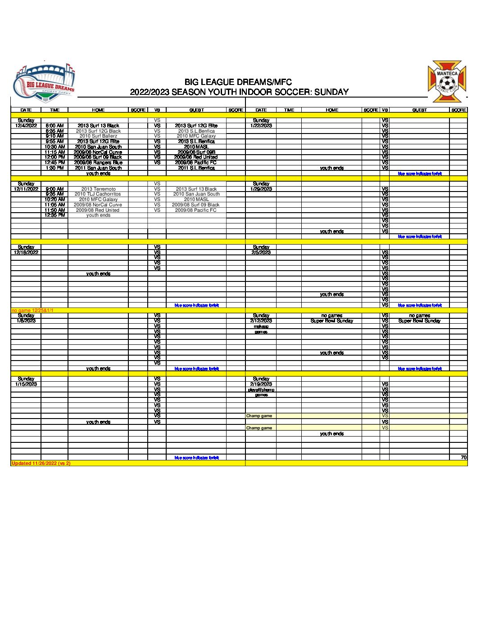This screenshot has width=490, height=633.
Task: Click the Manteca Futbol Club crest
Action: pyautogui.click(x=447, y=82)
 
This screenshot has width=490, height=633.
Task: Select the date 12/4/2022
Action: pyautogui.click(x=26, y=126)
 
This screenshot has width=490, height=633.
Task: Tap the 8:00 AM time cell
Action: pyautogui.click(x=54, y=126)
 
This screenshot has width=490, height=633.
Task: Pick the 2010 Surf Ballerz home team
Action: pyautogui.click(x=98, y=136)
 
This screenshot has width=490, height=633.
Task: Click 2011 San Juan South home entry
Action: pyautogui.click(x=98, y=168)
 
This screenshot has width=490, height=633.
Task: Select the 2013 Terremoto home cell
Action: pyautogui.click(x=98, y=189)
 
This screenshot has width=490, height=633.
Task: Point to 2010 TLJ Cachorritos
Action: pyautogui.click(x=98, y=194)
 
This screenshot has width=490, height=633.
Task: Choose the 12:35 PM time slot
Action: pyautogui.click(x=54, y=215)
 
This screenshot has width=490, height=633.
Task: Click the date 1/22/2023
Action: pyautogui.click(x=261, y=126)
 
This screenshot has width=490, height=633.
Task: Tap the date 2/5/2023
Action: pyautogui.click(x=261, y=253)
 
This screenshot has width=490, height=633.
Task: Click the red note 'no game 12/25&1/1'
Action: pyautogui.click(x=32, y=311)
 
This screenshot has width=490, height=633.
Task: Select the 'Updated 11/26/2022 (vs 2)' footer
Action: pyautogui.click(x=41, y=464)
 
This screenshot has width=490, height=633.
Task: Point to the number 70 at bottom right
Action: pyautogui.click(x=463, y=458)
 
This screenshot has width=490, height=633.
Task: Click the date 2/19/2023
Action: pyautogui.click(x=261, y=384)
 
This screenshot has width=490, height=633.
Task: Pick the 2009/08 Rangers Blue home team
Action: pyautogui.click(x=98, y=163)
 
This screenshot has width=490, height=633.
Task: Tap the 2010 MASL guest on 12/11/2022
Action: pyautogui.click(x=196, y=200)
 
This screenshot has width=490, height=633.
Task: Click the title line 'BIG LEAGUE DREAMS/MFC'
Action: pyautogui.click(x=238, y=82)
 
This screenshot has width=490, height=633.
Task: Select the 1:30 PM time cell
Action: pyautogui.click(x=54, y=168)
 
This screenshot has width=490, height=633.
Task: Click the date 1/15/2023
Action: pyautogui.click(x=26, y=384)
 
